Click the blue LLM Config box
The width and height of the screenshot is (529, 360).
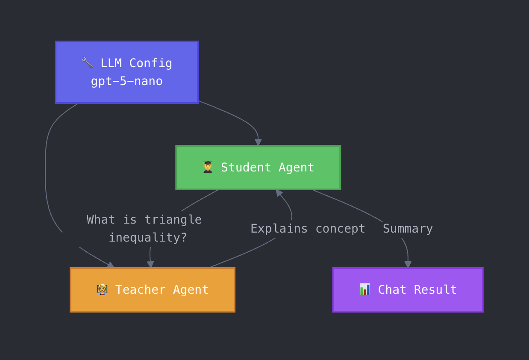point(126,72)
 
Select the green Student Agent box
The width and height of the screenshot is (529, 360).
point(258,168)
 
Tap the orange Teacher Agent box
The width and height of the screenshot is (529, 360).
point(153,290)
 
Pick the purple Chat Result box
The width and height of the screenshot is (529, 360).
point(408,290)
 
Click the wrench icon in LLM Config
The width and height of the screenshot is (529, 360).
point(87,63)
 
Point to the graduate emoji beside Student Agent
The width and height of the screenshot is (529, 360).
point(208,167)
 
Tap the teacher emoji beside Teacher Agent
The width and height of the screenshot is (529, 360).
point(102,290)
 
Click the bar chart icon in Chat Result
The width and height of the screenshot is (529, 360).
point(364,289)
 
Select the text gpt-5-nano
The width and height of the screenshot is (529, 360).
point(126,81)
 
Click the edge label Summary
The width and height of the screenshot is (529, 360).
point(408,229)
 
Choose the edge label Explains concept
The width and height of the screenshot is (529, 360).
point(308,229)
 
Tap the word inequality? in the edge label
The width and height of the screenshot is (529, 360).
point(148,238)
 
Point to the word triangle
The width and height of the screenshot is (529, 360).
point(173,220)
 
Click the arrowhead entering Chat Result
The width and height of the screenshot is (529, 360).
point(408,265)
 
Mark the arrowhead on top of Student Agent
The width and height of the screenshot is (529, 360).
point(258,142)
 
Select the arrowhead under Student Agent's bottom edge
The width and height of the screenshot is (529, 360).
point(279,193)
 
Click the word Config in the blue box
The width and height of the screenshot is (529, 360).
point(150,63)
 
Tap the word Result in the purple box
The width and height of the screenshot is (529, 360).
point(435,290)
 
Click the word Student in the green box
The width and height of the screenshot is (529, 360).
point(246,168)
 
